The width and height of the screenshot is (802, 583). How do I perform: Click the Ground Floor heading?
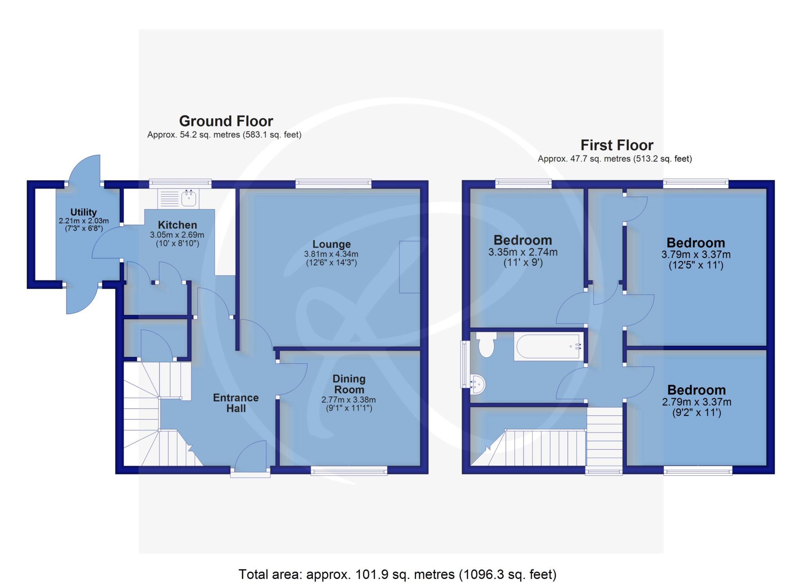click(x=226, y=121)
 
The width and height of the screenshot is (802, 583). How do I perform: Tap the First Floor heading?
click(x=617, y=145)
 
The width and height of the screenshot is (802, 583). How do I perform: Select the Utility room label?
click(x=83, y=212)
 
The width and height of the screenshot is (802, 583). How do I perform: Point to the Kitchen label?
click(x=177, y=225)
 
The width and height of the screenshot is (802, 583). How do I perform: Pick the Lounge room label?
click(x=331, y=244)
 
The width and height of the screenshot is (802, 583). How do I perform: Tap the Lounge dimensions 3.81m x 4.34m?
click(x=331, y=254)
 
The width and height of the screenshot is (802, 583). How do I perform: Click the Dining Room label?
click(x=349, y=384)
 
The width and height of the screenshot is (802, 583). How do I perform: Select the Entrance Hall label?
click(x=236, y=403)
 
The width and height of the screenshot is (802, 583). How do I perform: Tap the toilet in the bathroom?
click(x=486, y=344)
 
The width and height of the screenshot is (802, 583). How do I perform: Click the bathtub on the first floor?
click(x=548, y=347)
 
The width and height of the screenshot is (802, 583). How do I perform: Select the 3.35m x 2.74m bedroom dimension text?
click(x=523, y=253)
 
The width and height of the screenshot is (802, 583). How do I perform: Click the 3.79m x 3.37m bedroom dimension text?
click(x=696, y=255)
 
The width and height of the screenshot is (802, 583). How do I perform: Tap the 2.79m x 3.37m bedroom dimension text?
click(x=697, y=402)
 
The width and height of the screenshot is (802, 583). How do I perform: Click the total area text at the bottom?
click(x=397, y=574)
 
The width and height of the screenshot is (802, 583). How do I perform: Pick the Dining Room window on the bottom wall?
click(x=349, y=470)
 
